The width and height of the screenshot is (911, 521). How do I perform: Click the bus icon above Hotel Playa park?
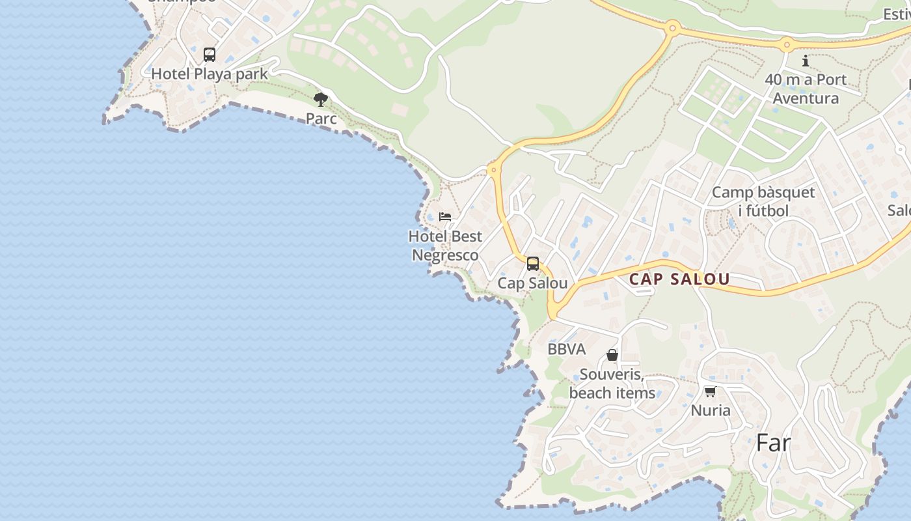tap(210, 55)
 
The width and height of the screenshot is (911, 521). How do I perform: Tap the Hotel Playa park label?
tap(210, 74)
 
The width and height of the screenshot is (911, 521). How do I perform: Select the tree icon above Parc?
tap(321, 100)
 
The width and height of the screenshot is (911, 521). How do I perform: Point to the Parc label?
tap(321, 119)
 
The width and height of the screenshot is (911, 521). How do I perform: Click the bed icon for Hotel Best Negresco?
tap(445, 216)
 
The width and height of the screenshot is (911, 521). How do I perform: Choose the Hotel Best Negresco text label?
tap(445, 246)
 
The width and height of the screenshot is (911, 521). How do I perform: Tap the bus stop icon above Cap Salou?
tap(533, 264)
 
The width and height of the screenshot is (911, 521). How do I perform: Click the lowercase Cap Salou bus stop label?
tap(532, 283)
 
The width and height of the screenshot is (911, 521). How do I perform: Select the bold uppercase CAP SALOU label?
tap(679, 279)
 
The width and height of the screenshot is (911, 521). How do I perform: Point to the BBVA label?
tap(567, 349)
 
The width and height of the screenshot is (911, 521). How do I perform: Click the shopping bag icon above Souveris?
tap(612, 355)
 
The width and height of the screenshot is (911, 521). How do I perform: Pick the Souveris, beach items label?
tap(612, 384)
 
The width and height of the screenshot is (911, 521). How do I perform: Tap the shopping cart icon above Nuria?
tap(710, 391)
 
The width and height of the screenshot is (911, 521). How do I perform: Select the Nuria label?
tap(711, 410)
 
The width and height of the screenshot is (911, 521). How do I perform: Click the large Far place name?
tap(774, 444)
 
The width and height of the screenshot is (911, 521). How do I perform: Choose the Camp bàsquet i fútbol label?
tap(763, 201)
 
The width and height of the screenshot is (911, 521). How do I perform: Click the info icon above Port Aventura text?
tap(806, 61)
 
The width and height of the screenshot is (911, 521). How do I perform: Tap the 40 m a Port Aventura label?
tap(806, 89)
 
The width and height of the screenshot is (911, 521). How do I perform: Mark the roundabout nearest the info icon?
tap(787, 46)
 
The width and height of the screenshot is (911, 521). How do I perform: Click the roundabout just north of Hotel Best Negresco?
tap(493, 171)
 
